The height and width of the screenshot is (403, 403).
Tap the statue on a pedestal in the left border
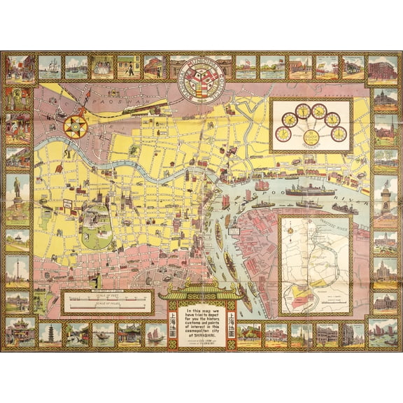(17, 190)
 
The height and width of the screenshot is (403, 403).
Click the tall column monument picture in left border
(17, 269)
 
